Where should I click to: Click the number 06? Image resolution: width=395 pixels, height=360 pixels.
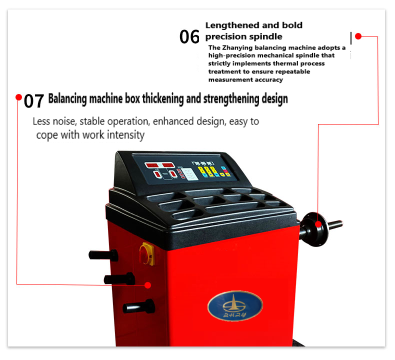pyautogui.click(x=189, y=36)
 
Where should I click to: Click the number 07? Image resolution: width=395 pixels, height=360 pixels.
pyautogui.click(x=34, y=100)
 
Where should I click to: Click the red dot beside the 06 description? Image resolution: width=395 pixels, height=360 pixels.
pyautogui.click(x=358, y=36)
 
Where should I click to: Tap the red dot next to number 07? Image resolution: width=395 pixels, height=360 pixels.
pyautogui.click(x=18, y=97)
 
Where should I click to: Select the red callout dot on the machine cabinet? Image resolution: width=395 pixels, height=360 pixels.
pyautogui.click(x=148, y=285)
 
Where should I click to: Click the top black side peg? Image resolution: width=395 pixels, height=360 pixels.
pyautogui.click(x=105, y=255)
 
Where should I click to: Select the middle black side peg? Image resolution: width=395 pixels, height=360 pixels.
pyautogui.click(x=119, y=278)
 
